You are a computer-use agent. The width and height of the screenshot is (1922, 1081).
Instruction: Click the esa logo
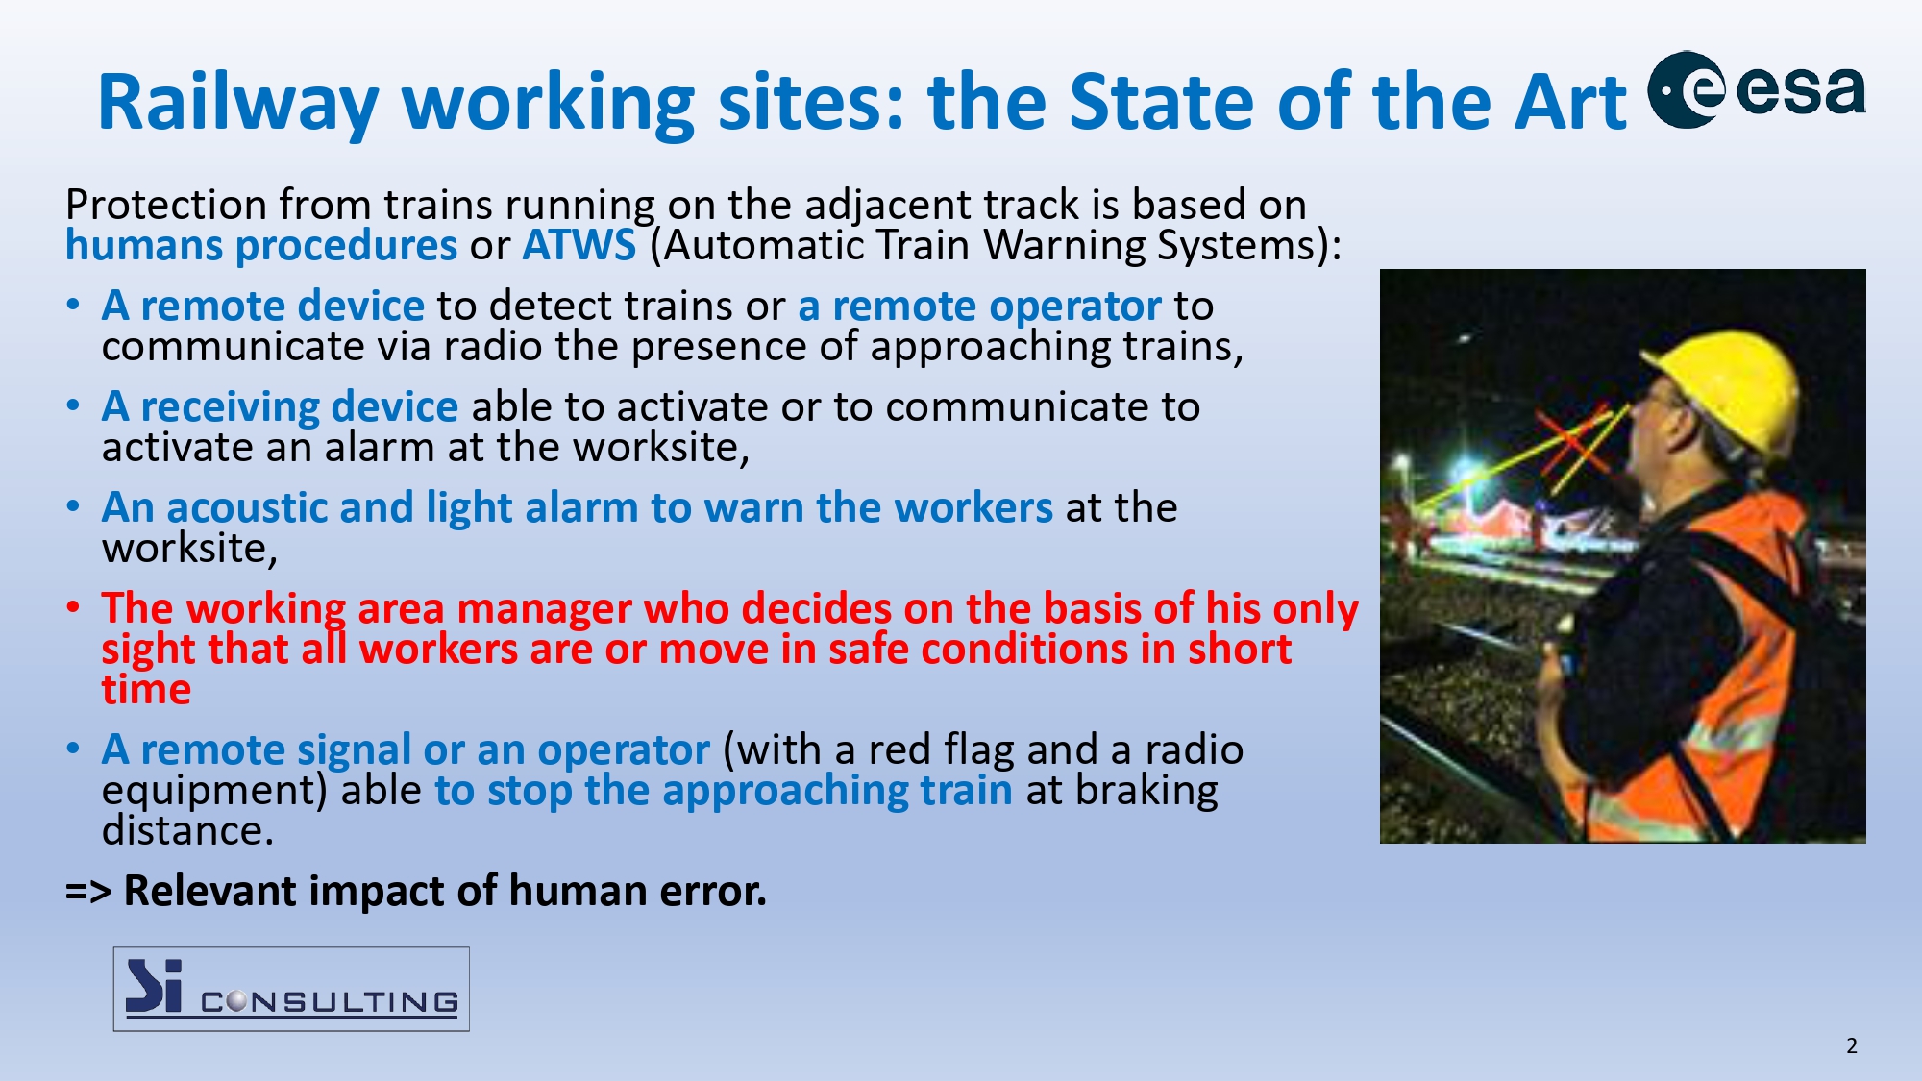1757,89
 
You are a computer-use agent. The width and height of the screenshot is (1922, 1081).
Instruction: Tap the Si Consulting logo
291,989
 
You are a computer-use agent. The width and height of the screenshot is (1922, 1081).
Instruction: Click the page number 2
1852,1045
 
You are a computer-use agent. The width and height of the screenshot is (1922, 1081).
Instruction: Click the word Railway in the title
238,103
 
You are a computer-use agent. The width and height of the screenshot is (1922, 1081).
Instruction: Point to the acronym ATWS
579,245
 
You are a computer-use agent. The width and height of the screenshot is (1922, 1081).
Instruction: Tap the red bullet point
73,607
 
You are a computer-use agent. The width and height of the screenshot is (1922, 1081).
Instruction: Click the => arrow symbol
88,892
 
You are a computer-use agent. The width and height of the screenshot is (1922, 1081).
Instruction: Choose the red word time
146,690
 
